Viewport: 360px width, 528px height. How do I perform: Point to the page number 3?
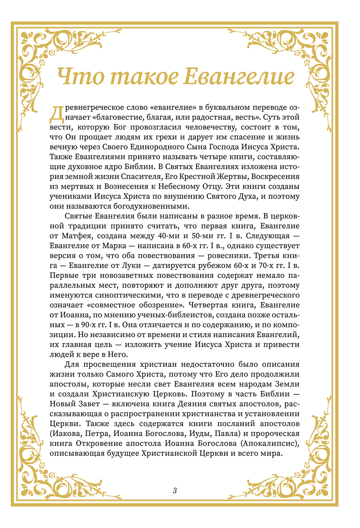(x=175, y=490)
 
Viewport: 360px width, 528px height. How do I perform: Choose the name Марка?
(x=114, y=246)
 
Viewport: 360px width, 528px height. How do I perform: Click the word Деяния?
(x=206, y=404)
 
